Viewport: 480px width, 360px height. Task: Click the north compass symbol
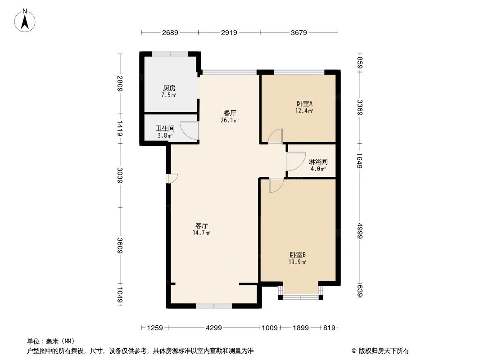[25, 20]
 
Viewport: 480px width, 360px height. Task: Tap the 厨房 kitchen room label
[169, 88]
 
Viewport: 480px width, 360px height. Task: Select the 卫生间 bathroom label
[165, 128]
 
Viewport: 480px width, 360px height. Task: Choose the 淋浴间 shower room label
[318, 162]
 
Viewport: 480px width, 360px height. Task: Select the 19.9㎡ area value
[298, 262]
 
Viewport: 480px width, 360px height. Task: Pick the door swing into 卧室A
[276, 136]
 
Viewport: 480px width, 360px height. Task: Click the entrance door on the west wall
[172, 179]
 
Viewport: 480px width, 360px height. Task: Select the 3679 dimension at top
[299, 32]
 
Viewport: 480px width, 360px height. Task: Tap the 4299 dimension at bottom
[214, 328]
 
